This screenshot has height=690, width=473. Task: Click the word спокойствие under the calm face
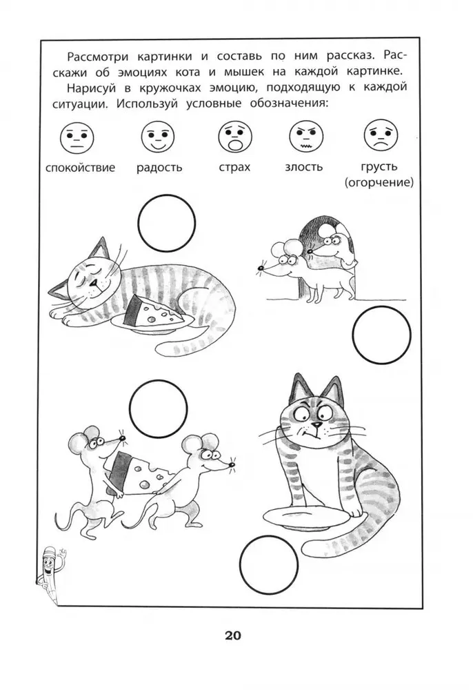point(80,168)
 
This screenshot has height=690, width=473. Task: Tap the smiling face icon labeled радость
point(159,137)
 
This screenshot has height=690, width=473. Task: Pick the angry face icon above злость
point(306,136)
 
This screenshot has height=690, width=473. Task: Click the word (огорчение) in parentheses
point(379,182)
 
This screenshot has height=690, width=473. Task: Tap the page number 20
point(233,635)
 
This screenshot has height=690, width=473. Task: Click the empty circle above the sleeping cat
point(167,222)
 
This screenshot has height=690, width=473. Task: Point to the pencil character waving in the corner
point(52,571)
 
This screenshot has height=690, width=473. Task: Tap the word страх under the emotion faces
point(234,167)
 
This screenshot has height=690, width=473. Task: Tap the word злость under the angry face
point(303,167)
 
